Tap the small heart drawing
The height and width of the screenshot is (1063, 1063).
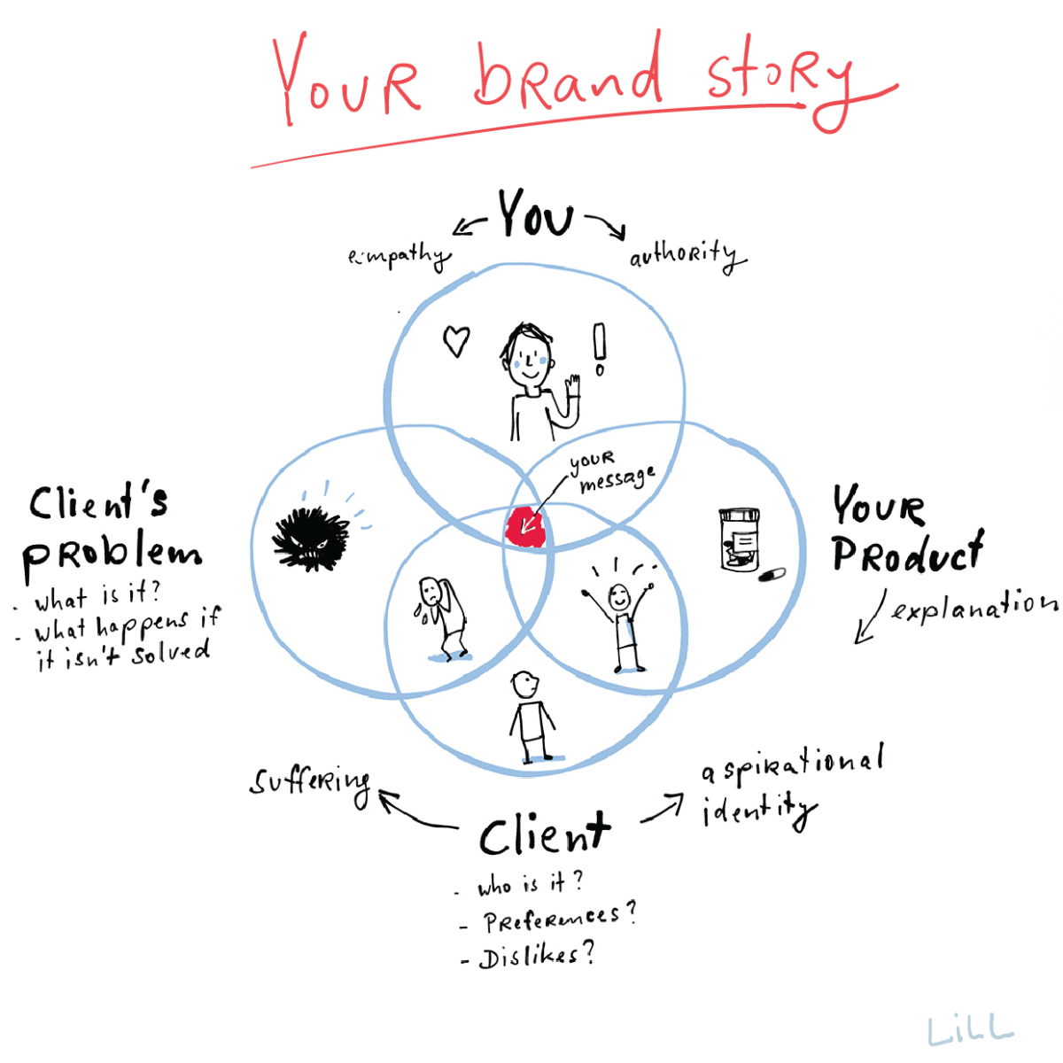pos(456,341)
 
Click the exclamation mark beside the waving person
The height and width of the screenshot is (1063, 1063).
pos(600,349)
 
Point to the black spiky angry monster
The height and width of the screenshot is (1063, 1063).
pos(309,538)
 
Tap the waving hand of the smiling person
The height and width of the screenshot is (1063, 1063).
pos(572,387)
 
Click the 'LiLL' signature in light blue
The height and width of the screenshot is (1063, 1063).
pos(970,1029)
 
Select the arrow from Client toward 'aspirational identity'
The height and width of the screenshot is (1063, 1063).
pos(662,807)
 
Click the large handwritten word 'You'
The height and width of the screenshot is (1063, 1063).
pos(535,215)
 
